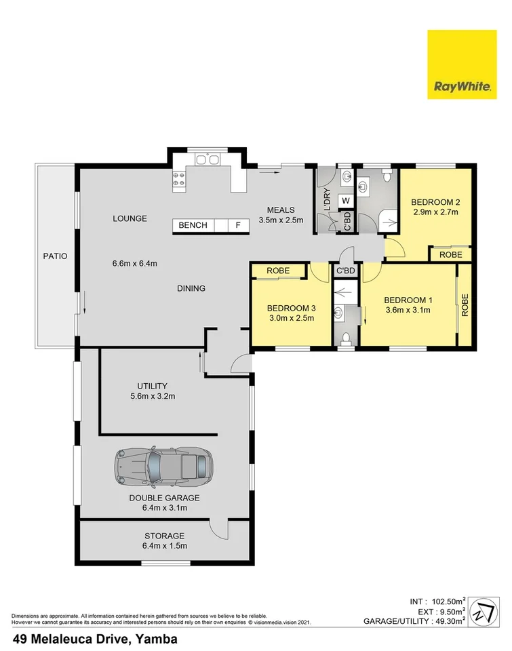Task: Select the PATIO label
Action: (55, 256)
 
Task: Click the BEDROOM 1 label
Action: (408, 300)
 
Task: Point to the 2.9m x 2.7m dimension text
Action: (436, 212)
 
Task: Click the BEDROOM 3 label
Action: (291, 307)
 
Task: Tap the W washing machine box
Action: (344, 201)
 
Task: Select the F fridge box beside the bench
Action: (237, 225)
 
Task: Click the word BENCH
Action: (193, 225)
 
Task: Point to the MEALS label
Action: (280, 209)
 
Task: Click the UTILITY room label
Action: (152, 386)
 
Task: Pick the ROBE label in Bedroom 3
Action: (278, 271)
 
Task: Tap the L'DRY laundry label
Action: (326, 201)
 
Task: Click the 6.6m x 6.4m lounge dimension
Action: (135, 264)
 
